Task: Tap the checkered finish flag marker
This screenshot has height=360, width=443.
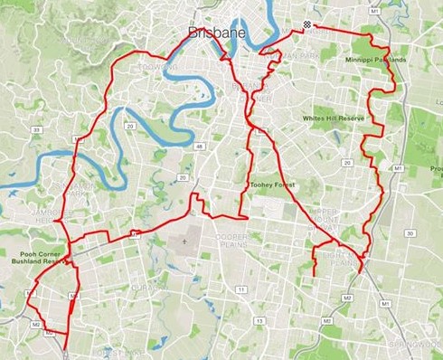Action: pos(308,24)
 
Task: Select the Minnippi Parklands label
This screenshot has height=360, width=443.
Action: pos(375,60)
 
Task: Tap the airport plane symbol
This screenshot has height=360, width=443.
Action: pos(185,242)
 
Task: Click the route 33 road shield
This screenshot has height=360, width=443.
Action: pos(36,131)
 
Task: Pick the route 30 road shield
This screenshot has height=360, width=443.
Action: pos(410,233)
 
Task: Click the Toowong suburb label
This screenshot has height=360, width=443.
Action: pos(156,66)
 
